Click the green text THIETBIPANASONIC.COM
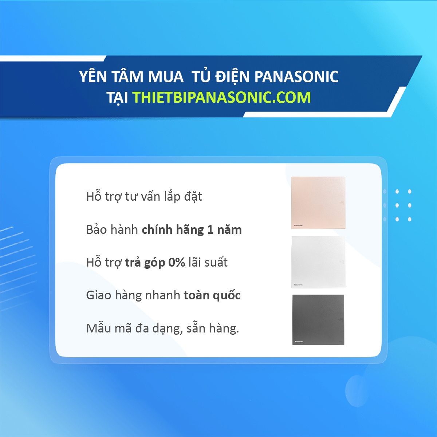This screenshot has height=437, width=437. coord(221,98)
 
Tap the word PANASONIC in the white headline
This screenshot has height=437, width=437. coord(296,77)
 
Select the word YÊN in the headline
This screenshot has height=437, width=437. coord(93,77)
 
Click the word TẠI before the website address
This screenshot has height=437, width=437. coord(117,98)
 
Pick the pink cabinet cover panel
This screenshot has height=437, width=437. coord(318,202)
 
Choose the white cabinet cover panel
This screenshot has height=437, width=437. coord(318,262)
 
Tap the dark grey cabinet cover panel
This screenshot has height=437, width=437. coord(318,319)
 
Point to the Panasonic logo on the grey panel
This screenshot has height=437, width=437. coord(299,342)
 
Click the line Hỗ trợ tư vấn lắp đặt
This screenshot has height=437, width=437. coord(144,197)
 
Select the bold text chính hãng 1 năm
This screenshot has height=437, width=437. coord(192,230)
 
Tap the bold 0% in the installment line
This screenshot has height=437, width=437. coord(177,263)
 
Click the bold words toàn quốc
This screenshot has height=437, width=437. coord(212,295)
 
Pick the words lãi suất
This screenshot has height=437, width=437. coord(208,263)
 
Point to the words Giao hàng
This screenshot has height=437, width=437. coord(114,295)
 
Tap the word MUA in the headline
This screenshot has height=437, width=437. coord(166,77)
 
